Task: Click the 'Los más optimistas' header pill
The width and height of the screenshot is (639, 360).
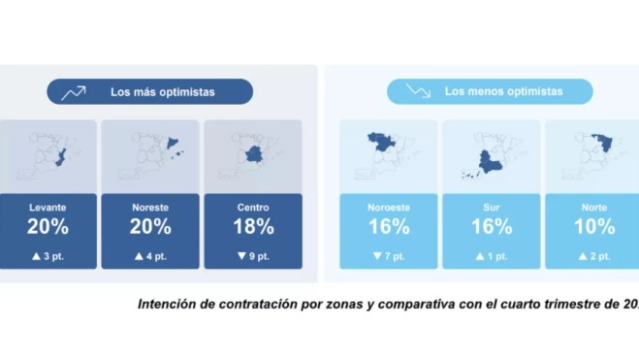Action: [150, 92]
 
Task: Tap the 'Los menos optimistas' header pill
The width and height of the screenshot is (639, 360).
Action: [490, 91]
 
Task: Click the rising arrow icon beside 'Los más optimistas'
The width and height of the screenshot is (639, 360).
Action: [74, 92]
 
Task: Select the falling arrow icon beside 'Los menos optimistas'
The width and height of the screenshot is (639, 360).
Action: [418, 91]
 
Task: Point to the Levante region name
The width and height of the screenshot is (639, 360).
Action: [48, 208]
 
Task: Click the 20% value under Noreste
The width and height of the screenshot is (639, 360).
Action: [150, 227]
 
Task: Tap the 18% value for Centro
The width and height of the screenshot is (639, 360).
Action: [253, 227]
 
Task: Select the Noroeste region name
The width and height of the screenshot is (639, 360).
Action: [388, 208]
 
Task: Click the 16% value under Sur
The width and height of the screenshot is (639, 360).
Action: [491, 227]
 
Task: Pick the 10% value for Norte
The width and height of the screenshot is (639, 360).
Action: [593, 227]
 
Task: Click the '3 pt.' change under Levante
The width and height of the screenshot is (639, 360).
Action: [48, 256]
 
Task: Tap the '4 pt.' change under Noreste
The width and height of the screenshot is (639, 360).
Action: [150, 256]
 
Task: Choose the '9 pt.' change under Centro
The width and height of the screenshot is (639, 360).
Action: [253, 256]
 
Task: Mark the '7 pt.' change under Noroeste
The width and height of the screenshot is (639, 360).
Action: [388, 256]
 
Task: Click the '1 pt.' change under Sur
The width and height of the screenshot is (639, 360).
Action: [491, 256]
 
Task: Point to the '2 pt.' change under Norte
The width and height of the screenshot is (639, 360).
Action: [593, 256]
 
